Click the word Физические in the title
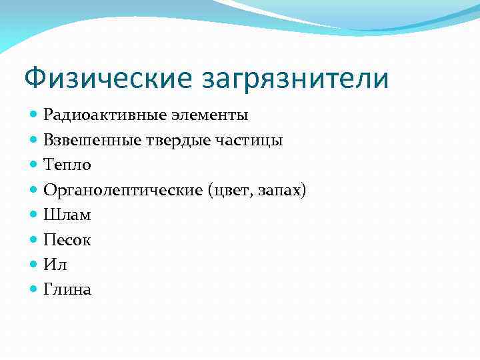[107, 78]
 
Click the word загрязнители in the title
[293, 78]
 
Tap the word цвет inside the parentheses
[233, 190]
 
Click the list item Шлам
[67, 215]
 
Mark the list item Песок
[67, 240]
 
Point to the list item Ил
[55, 265]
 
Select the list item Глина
[67, 289]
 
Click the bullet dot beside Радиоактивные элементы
[35, 115]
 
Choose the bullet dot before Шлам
[35, 215]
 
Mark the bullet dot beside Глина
[35, 289]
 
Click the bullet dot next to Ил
[35, 265]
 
